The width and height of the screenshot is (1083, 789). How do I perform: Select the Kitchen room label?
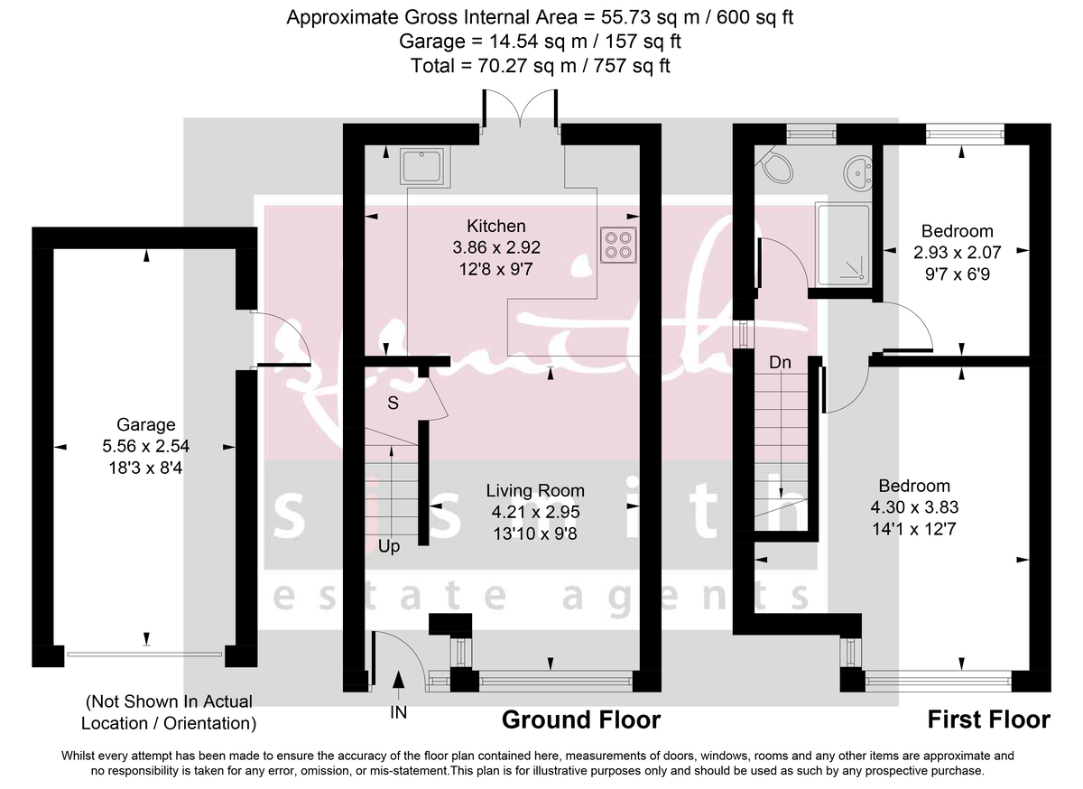click(x=495, y=226)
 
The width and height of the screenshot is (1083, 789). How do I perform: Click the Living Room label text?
click(x=535, y=491)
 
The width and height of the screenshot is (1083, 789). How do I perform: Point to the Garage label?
click(x=145, y=425)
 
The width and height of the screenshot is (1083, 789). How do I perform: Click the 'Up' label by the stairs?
click(x=390, y=546)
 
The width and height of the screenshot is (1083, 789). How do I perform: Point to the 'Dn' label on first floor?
click(x=781, y=363)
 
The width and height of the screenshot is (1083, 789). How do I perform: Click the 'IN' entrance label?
click(x=398, y=712)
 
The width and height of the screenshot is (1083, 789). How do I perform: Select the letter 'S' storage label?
click(x=393, y=404)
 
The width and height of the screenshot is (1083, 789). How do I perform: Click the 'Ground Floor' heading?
click(x=580, y=719)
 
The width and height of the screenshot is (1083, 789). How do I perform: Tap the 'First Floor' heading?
click(x=988, y=719)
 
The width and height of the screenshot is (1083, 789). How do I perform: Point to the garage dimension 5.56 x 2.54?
click(x=145, y=445)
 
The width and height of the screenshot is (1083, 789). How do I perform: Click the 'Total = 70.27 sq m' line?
click(x=540, y=65)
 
